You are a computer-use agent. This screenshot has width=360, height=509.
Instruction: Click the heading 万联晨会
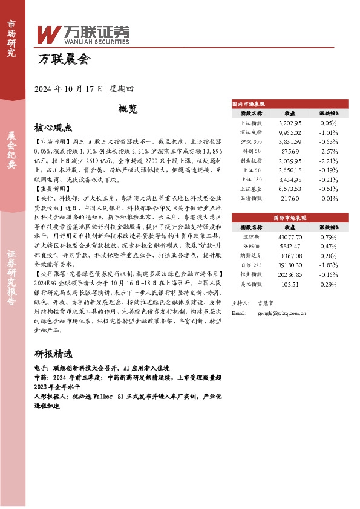[x=64, y=60]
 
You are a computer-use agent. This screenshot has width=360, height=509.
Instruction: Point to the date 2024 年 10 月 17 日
[x=71, y=88]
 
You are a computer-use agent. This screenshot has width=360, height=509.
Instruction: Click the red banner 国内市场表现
[x=250, y=104]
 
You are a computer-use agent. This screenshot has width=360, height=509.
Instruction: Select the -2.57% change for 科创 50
[x=328, y=151]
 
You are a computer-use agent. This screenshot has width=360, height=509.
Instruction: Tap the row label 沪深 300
[x=251, y=141]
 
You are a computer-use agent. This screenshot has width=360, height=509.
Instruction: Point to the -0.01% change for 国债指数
[x=328, y=198]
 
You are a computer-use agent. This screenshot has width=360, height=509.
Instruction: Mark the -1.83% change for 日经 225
[x=328, y=265]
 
